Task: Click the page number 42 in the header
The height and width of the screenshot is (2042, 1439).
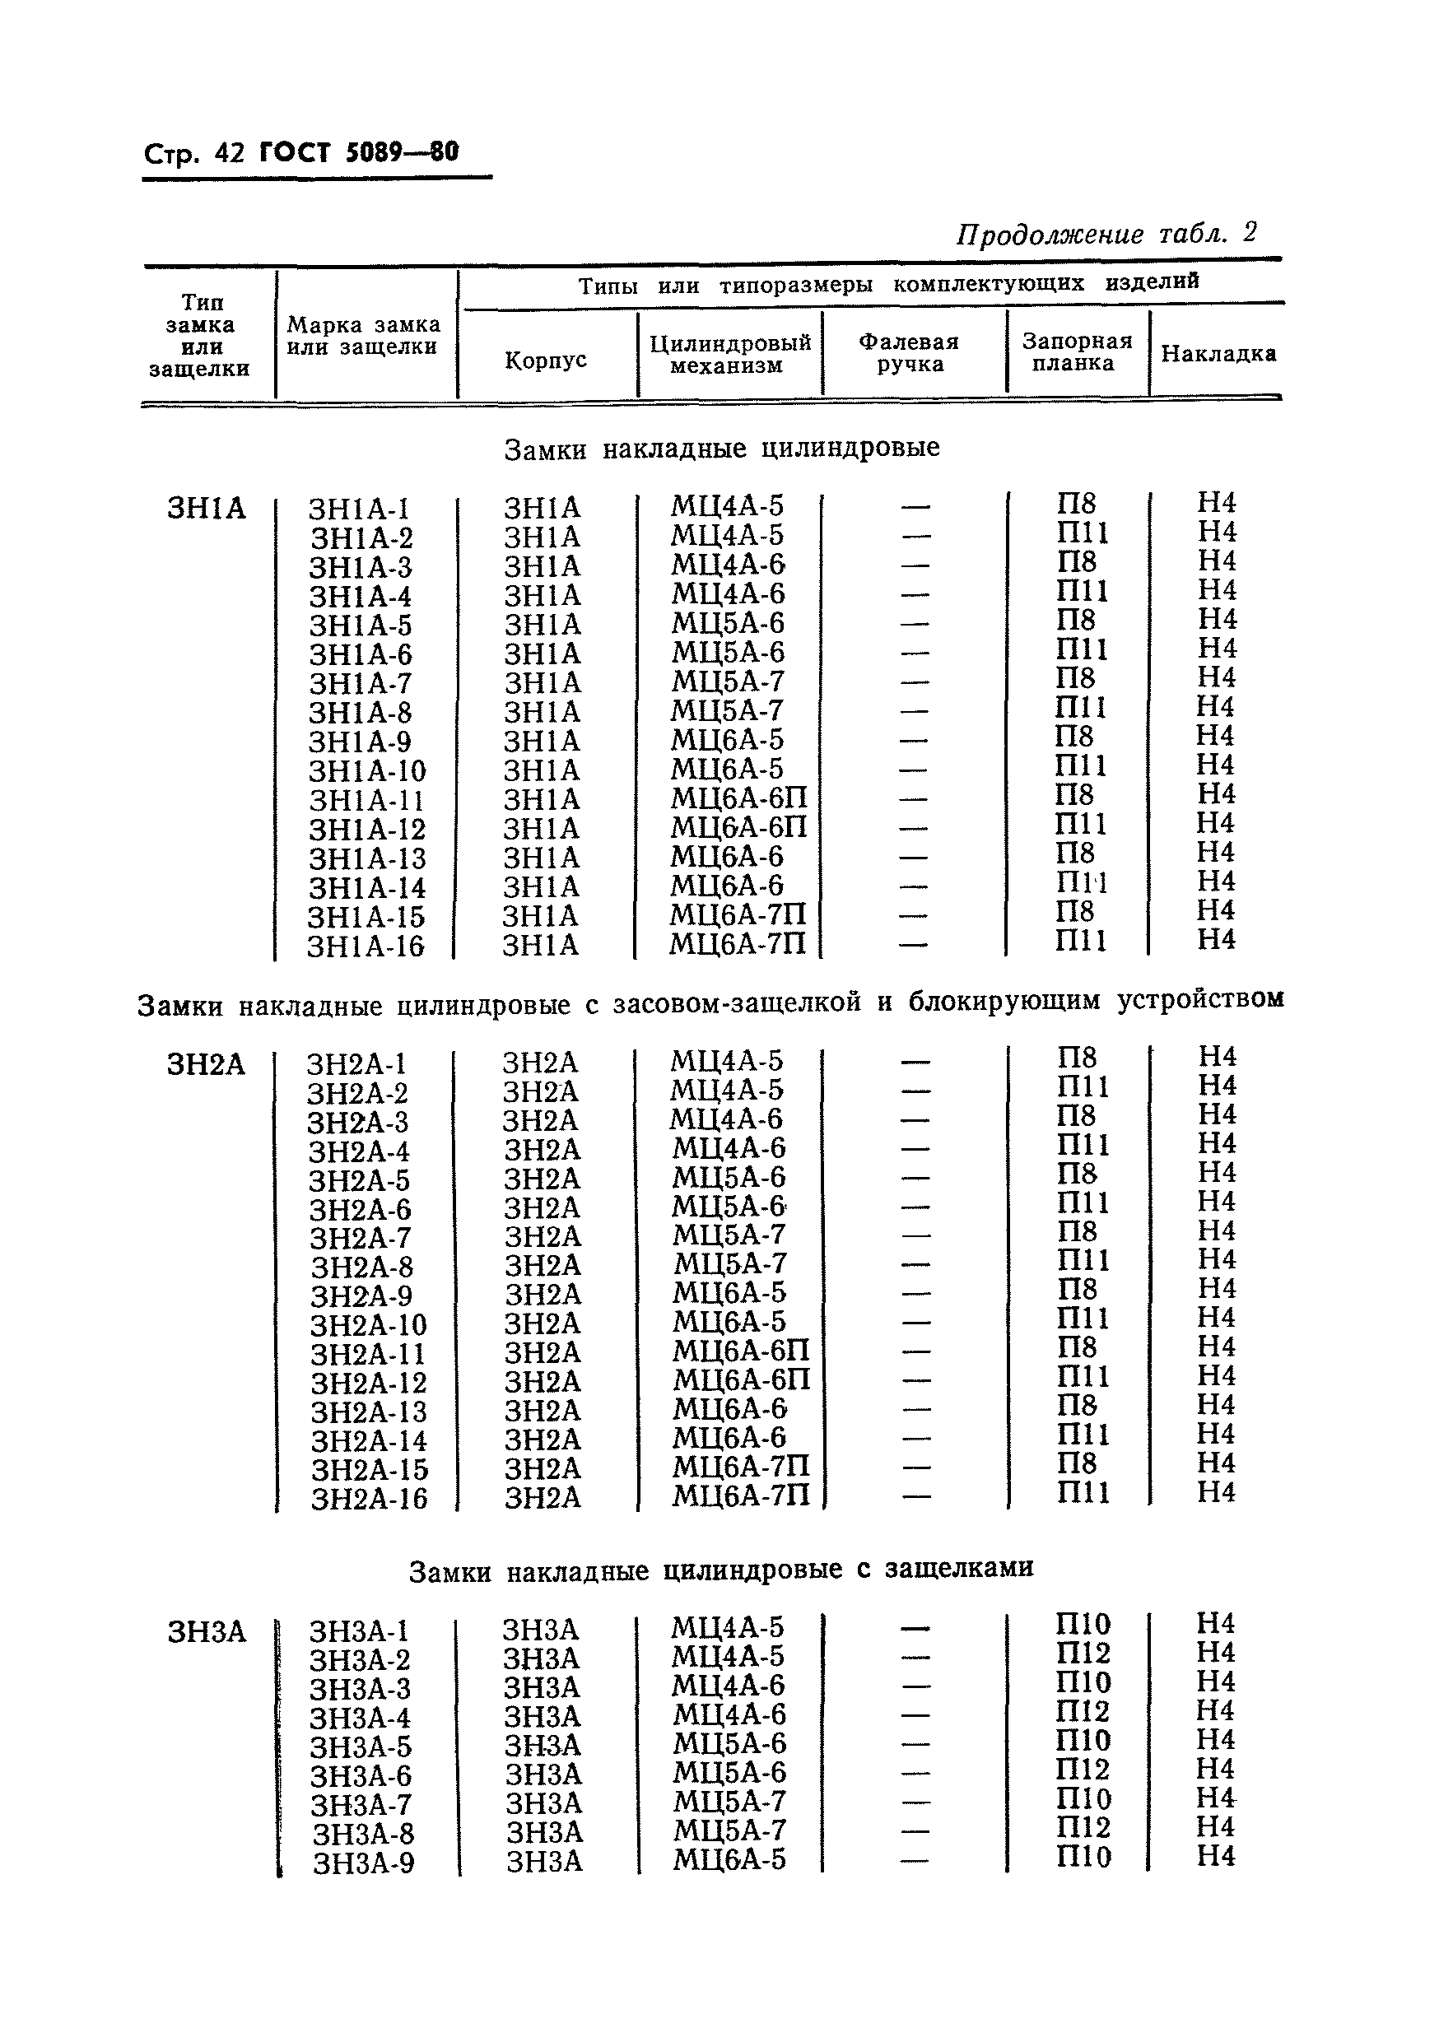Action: [x=228, y=154]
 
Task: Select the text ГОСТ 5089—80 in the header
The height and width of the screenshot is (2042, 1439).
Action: [x=358, y=152]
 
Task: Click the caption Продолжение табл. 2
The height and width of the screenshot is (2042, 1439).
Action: [x=1106, y=234]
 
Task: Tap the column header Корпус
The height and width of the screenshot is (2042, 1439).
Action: [x=546, y=360]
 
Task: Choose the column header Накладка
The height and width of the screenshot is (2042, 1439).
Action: [x=1218, y=353]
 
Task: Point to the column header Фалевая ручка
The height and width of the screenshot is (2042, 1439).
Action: [x=909, y=353]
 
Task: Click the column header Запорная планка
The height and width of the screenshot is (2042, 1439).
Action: [x=1076, y=352]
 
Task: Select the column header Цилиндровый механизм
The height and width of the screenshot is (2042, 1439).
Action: [x=729, y=354]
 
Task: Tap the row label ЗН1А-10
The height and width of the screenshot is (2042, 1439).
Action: [x=367, y=771]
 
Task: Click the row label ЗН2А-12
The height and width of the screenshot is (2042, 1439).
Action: [x=368, y=1383]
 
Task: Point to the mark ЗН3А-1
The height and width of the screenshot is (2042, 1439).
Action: [x=358, y=1631]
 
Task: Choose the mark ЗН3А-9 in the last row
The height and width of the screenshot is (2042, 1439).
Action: [x=363, y=1863]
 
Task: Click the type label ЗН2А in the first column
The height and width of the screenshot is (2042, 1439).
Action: [x=206, y=1064]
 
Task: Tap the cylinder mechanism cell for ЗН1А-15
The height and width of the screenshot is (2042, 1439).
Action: [x=738, y=915]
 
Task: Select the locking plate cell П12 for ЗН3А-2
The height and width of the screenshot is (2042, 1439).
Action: [x=1083, y=1654]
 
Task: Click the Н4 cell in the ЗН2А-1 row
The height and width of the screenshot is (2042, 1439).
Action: [x=1217, y=1057]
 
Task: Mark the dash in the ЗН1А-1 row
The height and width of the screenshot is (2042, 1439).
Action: [x=915, y=507]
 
